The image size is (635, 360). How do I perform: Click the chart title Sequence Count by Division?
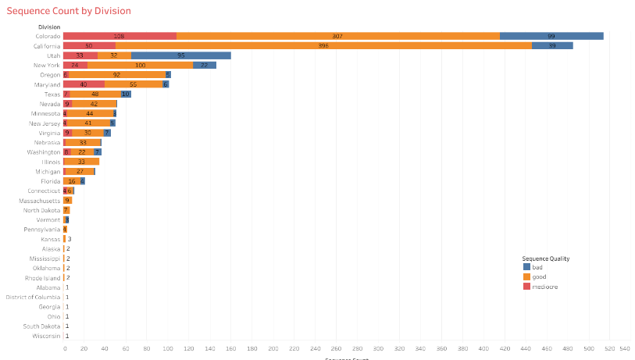point(69,11)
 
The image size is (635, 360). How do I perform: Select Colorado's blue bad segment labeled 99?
point(551,36)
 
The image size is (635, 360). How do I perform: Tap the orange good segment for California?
point(323,45)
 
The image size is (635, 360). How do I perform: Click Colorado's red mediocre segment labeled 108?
point(120,36)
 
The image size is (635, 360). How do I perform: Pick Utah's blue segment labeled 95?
point(181,55)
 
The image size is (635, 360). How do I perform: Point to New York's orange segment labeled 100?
point(141,65)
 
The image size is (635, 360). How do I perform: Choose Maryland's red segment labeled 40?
point(84,84)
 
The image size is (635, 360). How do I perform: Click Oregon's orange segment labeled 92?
point(116,75)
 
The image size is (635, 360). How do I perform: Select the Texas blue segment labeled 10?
point(126,94)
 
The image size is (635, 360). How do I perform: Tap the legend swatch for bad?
point(526,267)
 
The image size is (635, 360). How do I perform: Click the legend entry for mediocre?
point(544,287)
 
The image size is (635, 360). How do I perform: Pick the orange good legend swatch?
point(526,277)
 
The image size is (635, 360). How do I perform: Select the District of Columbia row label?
point(33,298)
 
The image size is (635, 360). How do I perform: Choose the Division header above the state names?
point(49,27)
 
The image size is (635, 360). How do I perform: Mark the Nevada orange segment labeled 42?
point(94,104)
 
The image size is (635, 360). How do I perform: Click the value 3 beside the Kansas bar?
point(70,239)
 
